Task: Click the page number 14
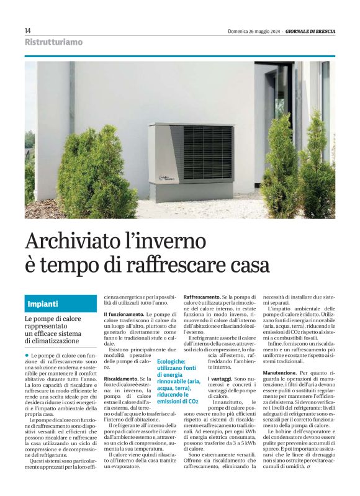[x=28, y=30]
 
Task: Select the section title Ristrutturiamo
[x=53, y=42]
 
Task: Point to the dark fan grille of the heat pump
[x=208, y=152]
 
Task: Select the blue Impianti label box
[x=61, y=304]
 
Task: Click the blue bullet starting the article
[x=27, y=354]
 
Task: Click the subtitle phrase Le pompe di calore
[x=53, y=318]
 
